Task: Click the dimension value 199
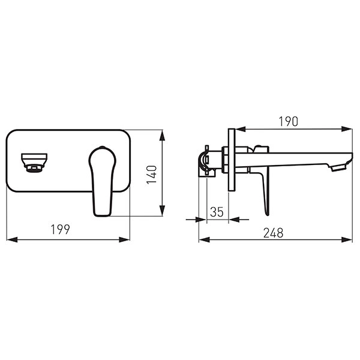point(61,229)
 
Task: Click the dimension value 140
point(152,175)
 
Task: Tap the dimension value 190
point(289,121)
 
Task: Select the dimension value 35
point(217,212)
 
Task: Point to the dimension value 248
point(273,233)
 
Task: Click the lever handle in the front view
point(103,181)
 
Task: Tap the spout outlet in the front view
point(34,163)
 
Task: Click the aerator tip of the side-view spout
point(338,168)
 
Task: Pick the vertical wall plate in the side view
point(232,160)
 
